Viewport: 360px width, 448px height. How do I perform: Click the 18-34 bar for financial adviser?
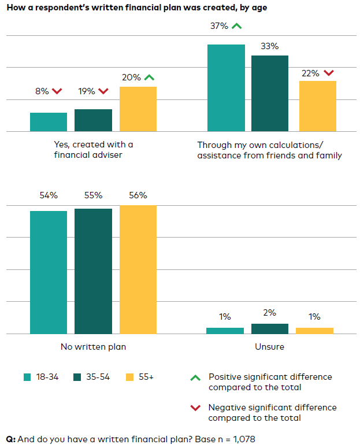(x=49, y=122)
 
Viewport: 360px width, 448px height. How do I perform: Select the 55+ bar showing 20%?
(x=138, y=109)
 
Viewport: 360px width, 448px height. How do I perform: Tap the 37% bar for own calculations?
(x=226, y=88)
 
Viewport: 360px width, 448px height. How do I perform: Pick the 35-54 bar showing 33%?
(x=269, y=94)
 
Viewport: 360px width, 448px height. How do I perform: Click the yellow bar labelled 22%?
(x=317, y=106)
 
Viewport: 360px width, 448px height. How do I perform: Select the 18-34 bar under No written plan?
(x=49, y=272)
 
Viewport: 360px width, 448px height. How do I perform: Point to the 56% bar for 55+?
(x=138, y=269)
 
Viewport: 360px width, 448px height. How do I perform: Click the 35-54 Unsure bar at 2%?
(x=269, y=329)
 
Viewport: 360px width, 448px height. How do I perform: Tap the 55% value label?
(x=93, y=195)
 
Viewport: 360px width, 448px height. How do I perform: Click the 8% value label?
(x=42, y=91)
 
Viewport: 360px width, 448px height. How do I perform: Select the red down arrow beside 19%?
(x=103, y=91)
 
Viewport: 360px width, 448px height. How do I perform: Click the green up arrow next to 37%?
(x=236, y=26)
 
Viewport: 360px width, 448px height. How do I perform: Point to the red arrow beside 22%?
(x=329, y=73)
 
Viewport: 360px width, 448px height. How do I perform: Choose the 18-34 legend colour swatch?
(x=28, y=377)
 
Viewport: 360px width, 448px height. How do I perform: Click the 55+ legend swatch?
(x=129, y=377)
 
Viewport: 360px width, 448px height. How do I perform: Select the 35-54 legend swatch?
(x=77, y=377)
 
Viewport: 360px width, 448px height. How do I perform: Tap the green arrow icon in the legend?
(x=195, y=377)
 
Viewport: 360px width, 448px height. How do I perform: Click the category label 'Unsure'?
(x=269, y=347)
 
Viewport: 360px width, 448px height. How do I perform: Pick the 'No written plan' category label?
(x=93, y=347)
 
